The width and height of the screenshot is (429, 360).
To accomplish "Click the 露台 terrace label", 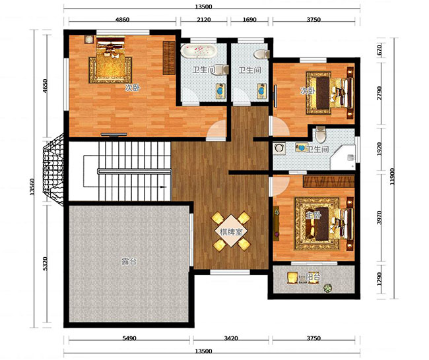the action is tap(129, 262).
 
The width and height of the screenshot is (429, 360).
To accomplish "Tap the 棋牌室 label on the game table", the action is tap(231, 232).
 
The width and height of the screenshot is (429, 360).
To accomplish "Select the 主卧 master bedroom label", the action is tap(313, 216).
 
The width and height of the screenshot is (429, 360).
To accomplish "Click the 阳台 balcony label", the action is tap(313, 277).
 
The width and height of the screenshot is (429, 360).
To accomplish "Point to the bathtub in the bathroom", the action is tap(199, 51).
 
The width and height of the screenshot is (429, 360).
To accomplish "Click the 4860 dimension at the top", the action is tap(122, 20).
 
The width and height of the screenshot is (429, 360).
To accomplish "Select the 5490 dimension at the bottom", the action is tap(129, 338).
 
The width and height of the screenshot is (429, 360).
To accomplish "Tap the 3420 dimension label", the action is tap(231, 338).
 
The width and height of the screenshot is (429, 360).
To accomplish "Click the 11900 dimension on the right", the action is tap(392, 176).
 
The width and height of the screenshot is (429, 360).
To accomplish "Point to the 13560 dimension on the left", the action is tap(32, 187).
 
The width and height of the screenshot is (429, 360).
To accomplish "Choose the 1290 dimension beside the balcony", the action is tap(379, 278).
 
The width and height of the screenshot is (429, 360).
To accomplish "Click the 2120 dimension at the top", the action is tap(204, 20).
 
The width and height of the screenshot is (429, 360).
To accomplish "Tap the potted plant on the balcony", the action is tap(327, 288).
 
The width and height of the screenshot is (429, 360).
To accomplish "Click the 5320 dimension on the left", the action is tap(45, 264).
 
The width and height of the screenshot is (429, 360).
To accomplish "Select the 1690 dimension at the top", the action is tap(249, 20).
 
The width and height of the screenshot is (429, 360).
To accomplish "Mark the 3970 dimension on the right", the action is tap(379, 218).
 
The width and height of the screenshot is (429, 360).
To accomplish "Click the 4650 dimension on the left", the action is tap(45, 86).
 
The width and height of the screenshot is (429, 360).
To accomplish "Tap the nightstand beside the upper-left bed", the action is tap(89, 40).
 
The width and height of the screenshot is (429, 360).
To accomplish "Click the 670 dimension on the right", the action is tap(379, 50).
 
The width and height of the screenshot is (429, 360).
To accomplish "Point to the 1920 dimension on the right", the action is tap(379, 149).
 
